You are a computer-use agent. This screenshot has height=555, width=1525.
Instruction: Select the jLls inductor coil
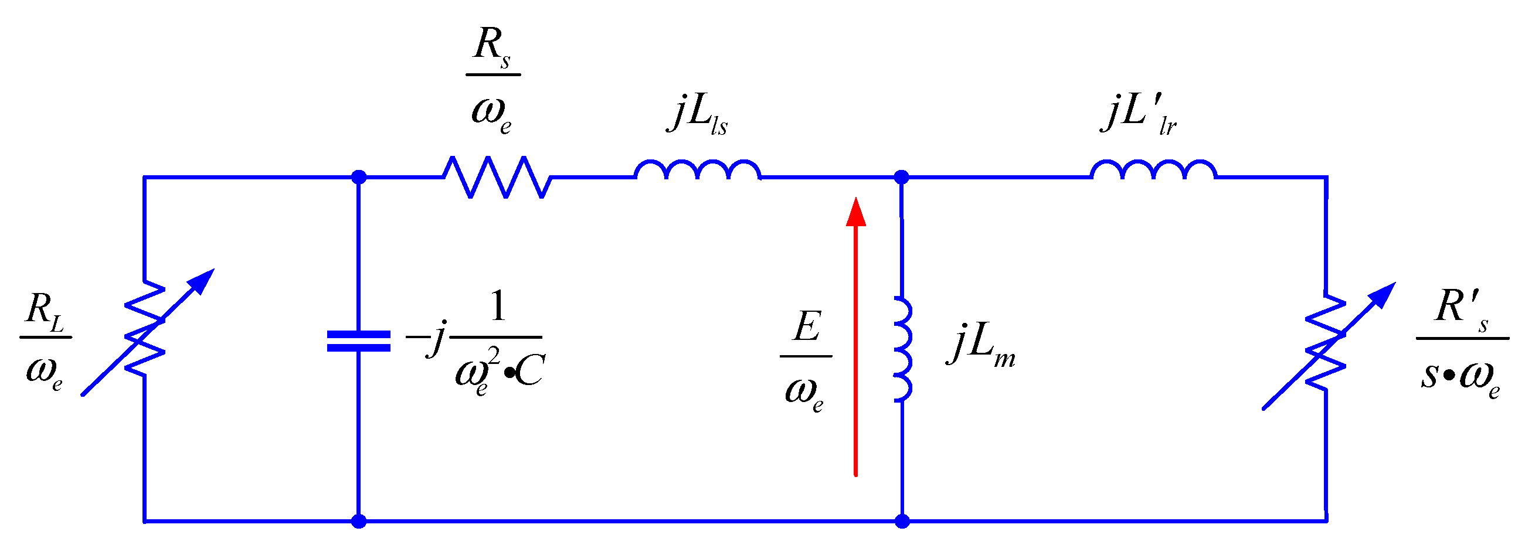point(697,171)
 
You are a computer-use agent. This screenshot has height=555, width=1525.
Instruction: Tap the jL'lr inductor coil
point(1153,171)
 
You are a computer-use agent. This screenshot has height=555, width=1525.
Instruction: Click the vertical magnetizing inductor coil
point(902,350)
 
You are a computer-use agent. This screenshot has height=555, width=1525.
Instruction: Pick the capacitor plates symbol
point(359,342)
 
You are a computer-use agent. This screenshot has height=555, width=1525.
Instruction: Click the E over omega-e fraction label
point(806,360)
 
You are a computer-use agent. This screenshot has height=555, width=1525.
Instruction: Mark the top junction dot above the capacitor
point(359,177)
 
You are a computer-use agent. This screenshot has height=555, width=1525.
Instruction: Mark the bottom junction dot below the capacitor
point(359,521)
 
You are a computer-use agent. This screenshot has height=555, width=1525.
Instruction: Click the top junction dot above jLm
point(901,177)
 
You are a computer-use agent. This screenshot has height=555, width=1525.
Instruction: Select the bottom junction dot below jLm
point(902,521)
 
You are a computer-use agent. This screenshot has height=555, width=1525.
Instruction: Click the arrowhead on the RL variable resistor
point(204,280)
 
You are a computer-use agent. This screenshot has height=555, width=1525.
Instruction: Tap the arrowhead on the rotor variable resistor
point(1385,293)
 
